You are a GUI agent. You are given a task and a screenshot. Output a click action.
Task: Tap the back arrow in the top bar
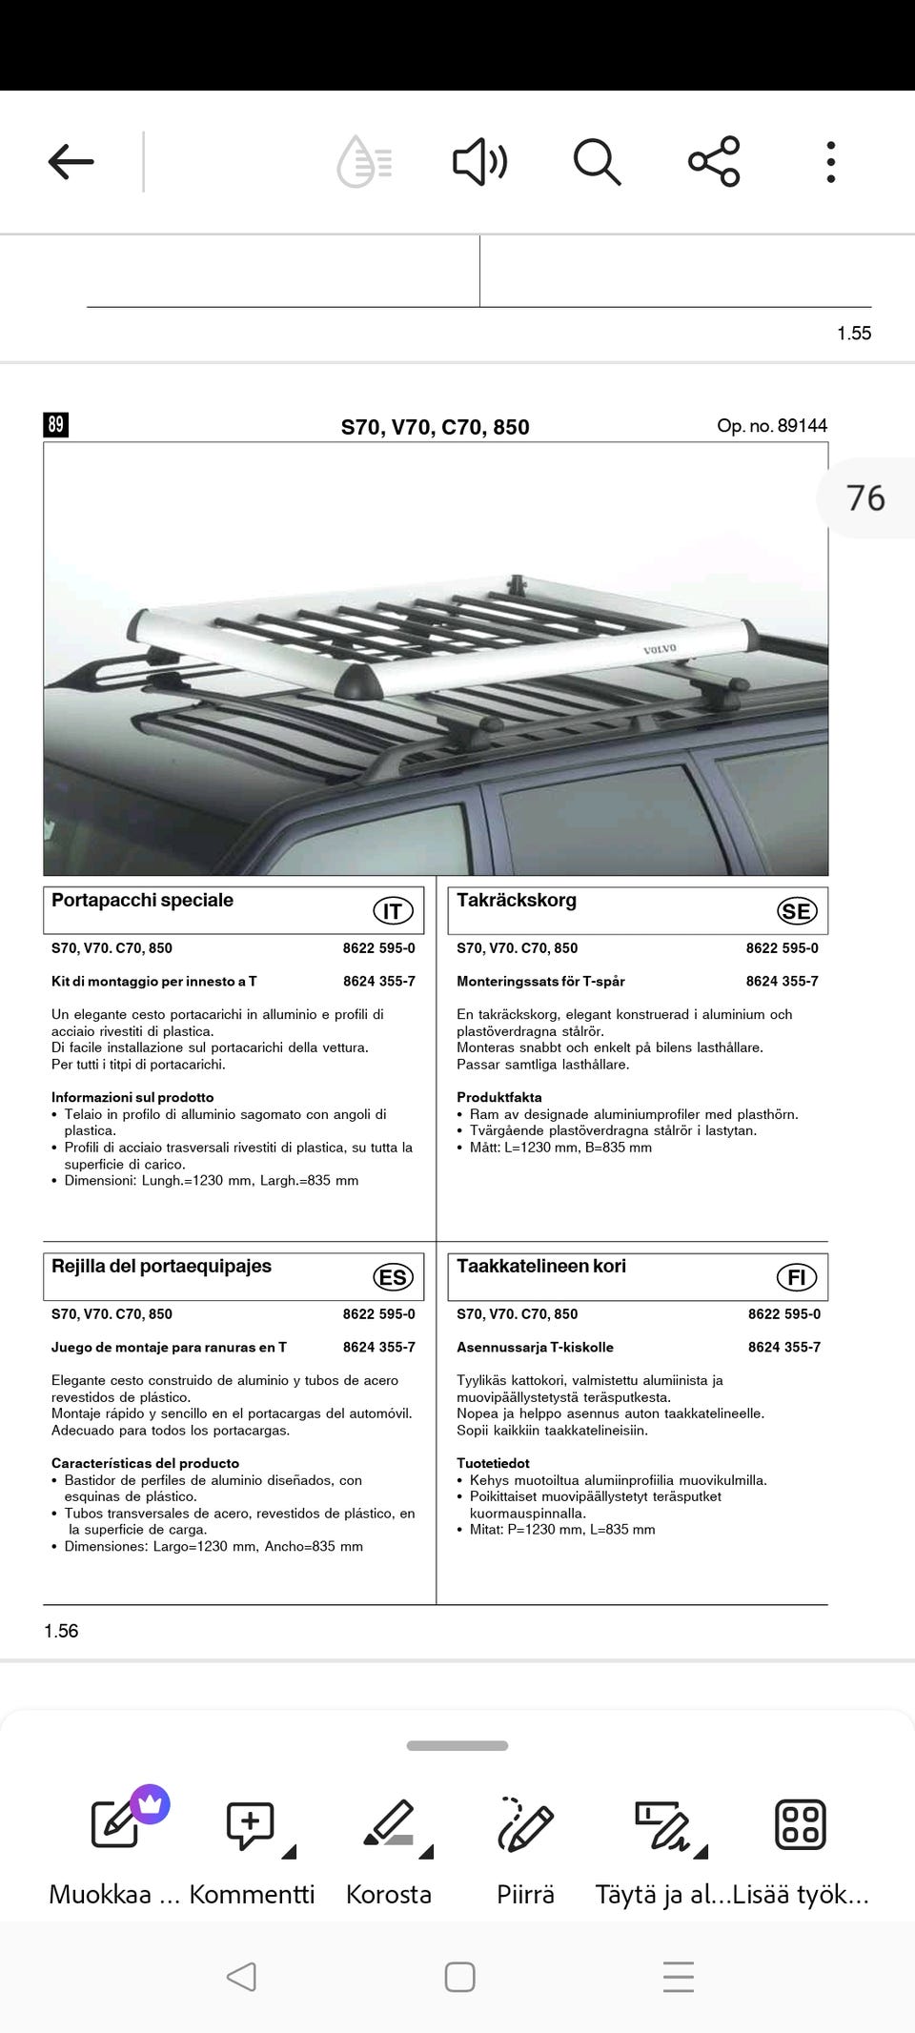(71, 161)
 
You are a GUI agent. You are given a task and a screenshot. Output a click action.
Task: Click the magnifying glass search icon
(597, 161)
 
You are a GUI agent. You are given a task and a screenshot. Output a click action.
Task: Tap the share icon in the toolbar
(714, 161)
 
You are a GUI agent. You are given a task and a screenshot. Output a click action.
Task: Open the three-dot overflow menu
(831, 161)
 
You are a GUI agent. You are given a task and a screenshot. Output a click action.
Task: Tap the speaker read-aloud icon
(479, 161)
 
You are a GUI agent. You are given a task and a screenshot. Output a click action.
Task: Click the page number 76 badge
(865, 498)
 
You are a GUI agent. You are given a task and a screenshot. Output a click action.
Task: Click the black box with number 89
(55, 424)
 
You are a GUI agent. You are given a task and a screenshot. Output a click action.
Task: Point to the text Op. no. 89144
(772, 425)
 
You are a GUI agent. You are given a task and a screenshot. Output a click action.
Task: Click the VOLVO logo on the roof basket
(660, 649)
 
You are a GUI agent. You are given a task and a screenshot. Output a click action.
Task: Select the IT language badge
(393, 911)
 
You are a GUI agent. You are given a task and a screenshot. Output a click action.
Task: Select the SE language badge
(797, 911)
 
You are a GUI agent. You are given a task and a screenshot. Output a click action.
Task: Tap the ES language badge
(393, 1277)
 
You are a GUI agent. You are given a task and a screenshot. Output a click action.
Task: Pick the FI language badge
(797, 1277)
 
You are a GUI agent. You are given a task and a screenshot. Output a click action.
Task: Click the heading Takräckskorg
(517, 900)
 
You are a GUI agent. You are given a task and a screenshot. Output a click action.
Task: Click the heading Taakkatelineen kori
(541, 1266)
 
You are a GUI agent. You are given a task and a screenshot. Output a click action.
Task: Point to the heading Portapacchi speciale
(142, 900)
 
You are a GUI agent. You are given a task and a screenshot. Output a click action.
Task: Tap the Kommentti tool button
(252, 1849)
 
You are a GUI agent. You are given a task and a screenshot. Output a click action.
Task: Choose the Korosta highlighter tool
(389, 1849)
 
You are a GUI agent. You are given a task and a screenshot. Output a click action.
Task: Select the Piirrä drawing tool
(525, 1849)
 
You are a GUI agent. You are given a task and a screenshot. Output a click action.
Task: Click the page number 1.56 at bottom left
(61, 1631)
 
